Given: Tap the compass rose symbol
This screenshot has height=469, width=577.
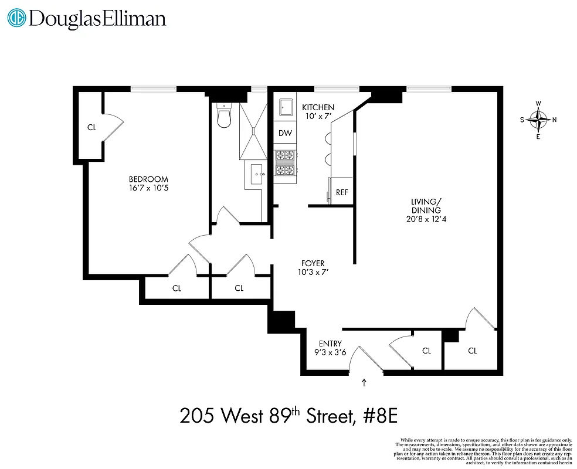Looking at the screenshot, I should coord(538,120).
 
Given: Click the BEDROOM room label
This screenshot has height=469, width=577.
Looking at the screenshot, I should coord(148,179).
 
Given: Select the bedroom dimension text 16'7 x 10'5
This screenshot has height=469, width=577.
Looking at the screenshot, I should coord(148,189).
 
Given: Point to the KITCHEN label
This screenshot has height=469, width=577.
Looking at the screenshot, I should coord(318,107).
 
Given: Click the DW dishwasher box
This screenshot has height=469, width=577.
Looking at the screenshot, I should coord(285,133).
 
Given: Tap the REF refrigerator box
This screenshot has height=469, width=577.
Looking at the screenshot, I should coord(341,192).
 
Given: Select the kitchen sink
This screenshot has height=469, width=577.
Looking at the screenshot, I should coord(286,108).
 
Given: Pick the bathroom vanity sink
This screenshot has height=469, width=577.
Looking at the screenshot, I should coord(256,174).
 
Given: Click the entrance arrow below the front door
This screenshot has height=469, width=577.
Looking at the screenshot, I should coord(365,383).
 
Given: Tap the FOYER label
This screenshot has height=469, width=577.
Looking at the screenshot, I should coord(312,264).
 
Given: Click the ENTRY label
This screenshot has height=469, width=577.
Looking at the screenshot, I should coord(330,344).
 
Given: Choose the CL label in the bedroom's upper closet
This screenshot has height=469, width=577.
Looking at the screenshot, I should coord(91,127).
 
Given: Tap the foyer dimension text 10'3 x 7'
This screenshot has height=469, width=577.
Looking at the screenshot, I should coord(312,273).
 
